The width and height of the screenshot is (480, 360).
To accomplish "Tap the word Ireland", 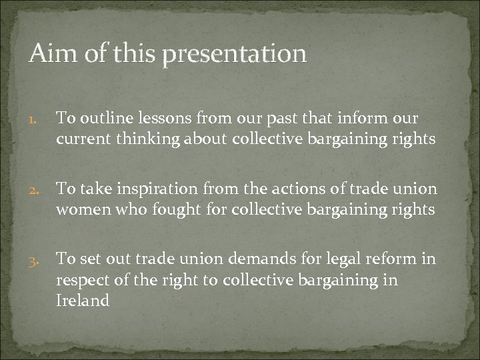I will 82,300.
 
